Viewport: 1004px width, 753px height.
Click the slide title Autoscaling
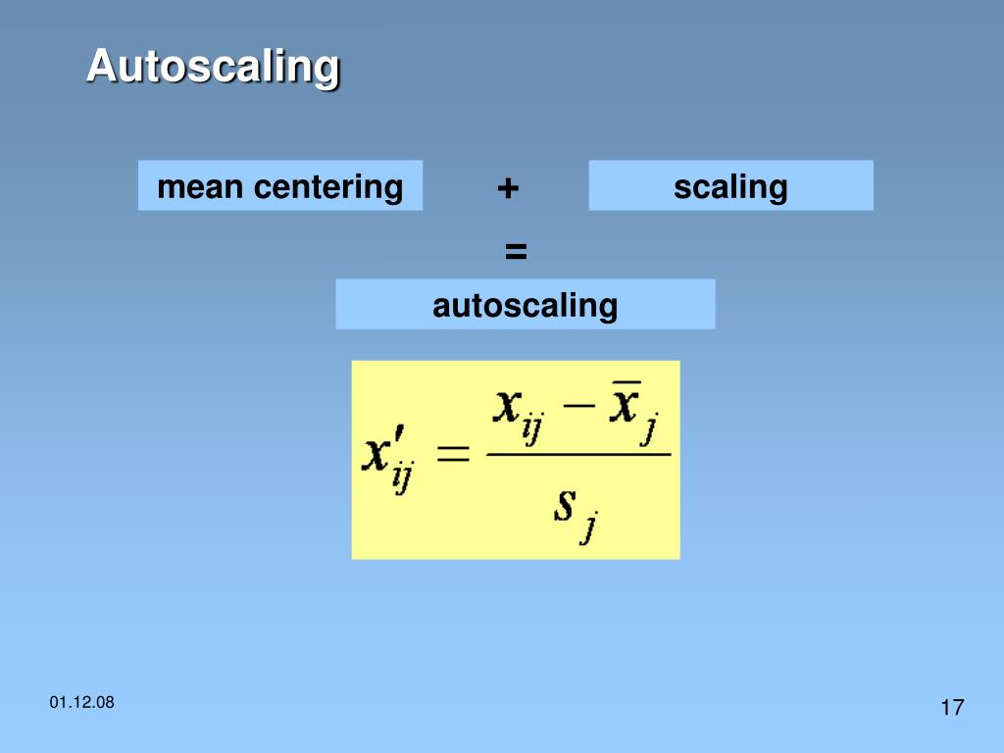click(213, 68)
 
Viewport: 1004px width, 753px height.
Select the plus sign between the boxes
click(507, 187)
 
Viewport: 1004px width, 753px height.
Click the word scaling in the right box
click(730, 186)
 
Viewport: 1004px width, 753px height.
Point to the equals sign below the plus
click(516, 251)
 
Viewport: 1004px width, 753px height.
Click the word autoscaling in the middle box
click(525, 305)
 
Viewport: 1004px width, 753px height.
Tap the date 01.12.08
click(81, 702)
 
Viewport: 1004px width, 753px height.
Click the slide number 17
click(952, 708)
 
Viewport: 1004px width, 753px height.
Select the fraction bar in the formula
click(578, 453)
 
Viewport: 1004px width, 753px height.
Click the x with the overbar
click(626, 404)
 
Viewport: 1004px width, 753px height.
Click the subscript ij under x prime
click(402, 479)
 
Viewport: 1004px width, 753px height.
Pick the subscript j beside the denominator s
click(589, 530)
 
